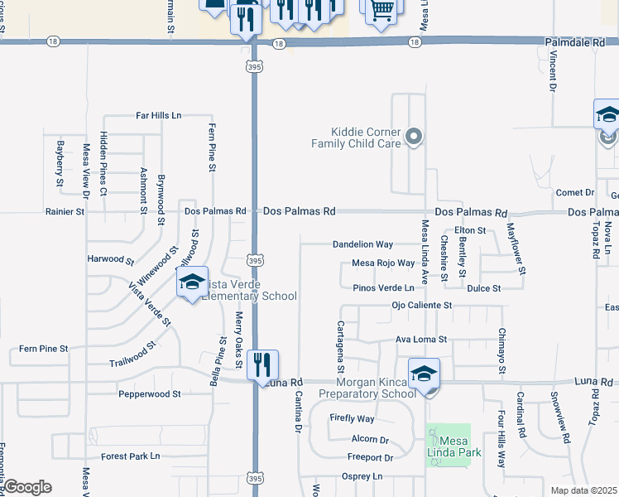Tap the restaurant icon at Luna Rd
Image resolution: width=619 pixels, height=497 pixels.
pyautogui.click(x=262, y=365)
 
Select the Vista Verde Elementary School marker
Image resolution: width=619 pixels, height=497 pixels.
pyautogui.click(x=192, y=283)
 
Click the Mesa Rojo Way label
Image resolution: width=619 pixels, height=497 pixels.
pyautogui.click(x=383, y=263)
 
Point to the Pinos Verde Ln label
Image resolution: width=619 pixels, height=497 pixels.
pyautogui.click(x=383, y=287)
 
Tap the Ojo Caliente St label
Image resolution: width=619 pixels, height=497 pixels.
pyautogui.click(x=421, y=306)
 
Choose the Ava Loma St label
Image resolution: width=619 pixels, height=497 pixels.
pyautogui.click(x=421, y=340)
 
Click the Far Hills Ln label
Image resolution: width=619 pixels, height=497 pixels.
pyautogui.click(x=159, y=115)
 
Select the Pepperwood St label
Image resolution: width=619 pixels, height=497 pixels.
pyautogui.click(x=149, y=394)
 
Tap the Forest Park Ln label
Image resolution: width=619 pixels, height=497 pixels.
pyautogui.click(x=130, y=456)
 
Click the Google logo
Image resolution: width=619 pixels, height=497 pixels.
pyautogui.click(x=26, y=487)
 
